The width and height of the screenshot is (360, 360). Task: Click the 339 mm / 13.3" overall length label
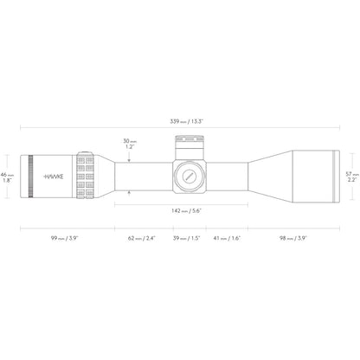point(187,121)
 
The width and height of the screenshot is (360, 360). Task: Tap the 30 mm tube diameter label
point(130,144)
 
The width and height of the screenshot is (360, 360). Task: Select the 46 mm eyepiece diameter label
point(7,177)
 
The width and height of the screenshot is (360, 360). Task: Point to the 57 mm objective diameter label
point(352,177)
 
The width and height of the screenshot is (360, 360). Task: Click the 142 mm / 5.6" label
point(186,211)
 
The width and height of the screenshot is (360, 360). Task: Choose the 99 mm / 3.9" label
point(65,238)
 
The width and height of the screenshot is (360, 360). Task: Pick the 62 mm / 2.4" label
point(142,238)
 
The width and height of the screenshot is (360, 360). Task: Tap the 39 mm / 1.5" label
point(186,238)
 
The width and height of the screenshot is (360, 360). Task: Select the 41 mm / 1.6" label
point(227,238)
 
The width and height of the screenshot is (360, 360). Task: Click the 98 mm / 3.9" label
point(293,238)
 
